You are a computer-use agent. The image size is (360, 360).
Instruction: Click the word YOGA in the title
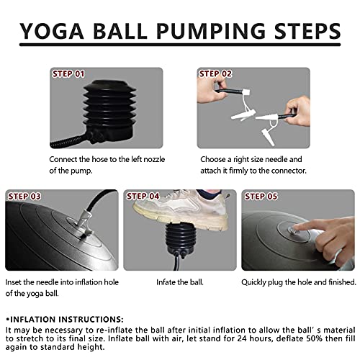[52, 31]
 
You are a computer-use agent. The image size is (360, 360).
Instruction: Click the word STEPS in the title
[307, 31]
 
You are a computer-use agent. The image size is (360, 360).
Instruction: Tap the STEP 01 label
[68, 74]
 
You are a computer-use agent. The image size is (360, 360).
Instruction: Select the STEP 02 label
[215, 74]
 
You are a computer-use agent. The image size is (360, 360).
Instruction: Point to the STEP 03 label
[24, 197]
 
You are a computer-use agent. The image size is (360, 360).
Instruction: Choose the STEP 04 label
[143, 197]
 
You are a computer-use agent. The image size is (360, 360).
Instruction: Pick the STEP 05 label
[261, 197]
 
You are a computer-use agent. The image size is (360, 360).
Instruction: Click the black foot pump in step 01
[109, 110]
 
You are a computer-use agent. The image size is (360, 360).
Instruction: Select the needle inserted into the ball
[84, 225]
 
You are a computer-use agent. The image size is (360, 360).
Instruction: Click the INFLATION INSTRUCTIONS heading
[65, 320]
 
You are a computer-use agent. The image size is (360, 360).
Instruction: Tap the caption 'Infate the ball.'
[180, 282]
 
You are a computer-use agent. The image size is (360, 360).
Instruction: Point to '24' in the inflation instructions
[243, 338]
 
